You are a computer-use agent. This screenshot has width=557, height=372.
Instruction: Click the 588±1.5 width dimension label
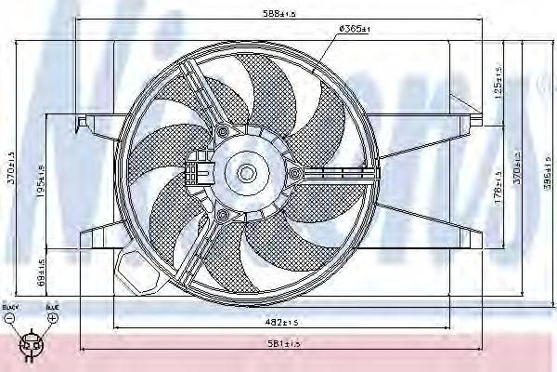(278, 13)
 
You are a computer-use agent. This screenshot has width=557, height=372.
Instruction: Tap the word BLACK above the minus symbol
(9, 305)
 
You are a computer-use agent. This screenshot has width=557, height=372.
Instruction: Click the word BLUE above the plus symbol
(52, 305)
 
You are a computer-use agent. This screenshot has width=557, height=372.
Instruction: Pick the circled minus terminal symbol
(9, 317)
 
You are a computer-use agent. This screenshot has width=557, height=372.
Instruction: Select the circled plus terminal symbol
(53, 317)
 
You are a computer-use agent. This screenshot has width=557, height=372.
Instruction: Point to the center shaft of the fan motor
(247, 173)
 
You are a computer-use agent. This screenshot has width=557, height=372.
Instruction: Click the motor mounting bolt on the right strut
(294, 173)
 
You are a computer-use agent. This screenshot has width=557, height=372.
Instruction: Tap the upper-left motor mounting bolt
(223, 134)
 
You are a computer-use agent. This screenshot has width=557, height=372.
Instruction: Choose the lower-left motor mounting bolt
(222, 215)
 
